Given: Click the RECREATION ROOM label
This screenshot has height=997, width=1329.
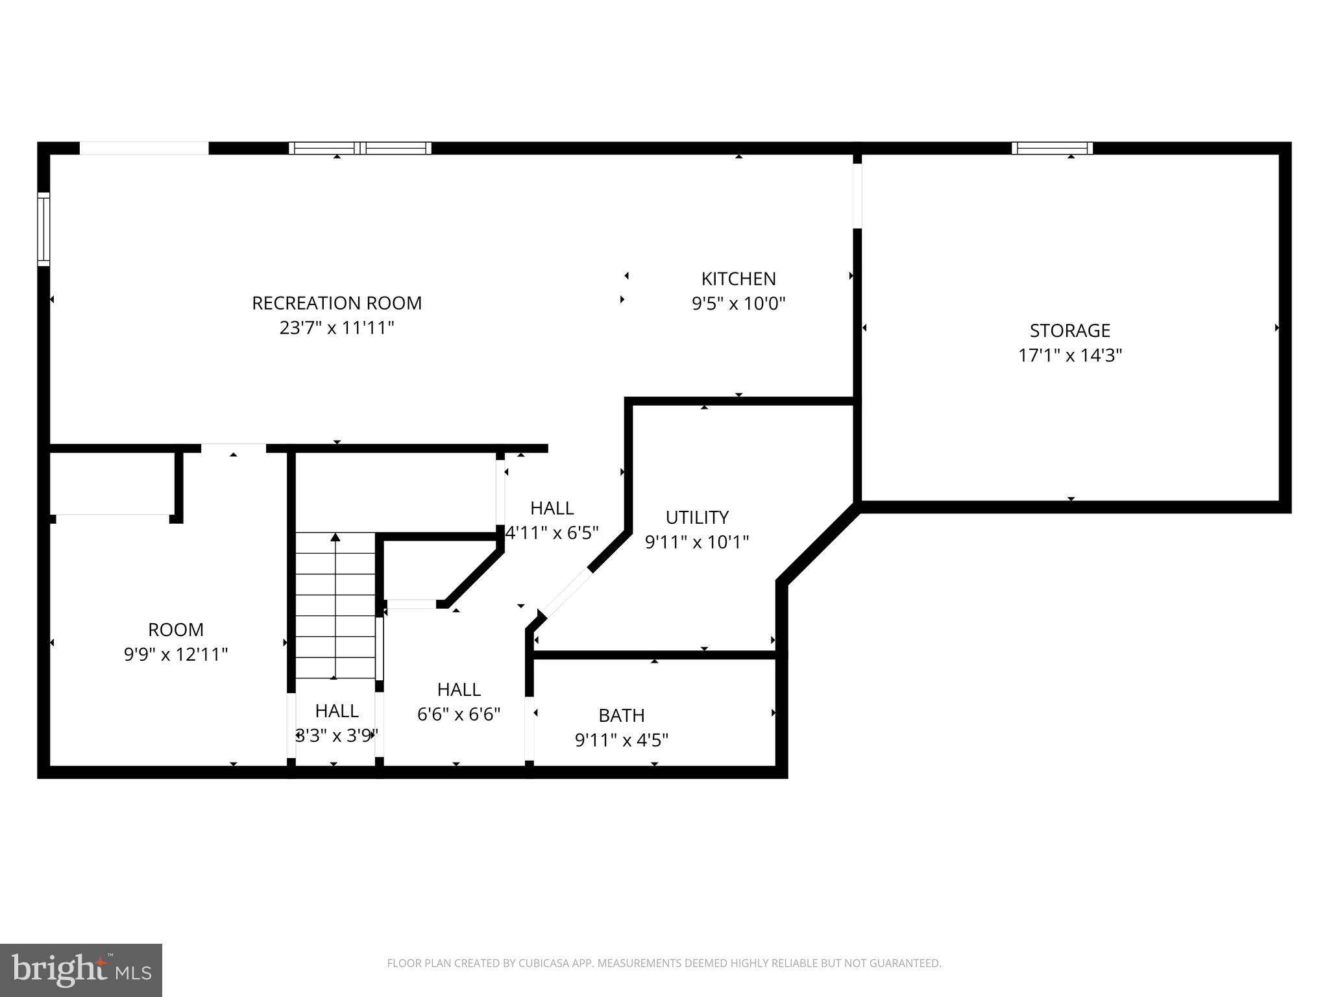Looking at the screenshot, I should coord(336,303).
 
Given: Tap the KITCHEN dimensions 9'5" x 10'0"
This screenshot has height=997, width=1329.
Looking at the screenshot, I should coord(738,304).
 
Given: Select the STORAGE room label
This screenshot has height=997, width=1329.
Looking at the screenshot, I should coord(1069,330).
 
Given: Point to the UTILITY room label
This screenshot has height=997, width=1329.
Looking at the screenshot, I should coord(697,517).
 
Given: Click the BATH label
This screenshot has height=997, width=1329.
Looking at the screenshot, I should coord(621,715).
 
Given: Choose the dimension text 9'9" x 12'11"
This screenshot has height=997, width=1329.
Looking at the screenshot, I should coord(176,654).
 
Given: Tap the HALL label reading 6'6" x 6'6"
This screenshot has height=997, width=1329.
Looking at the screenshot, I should coord(458,689).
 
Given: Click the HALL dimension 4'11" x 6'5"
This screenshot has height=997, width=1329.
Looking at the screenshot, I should coord(552,533).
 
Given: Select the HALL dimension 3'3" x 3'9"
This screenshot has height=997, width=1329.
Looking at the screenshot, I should coord(336,735).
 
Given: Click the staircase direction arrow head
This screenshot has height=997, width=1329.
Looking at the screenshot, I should coord(335,537).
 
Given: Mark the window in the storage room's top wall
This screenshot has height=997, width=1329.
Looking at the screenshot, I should coord(1051,148).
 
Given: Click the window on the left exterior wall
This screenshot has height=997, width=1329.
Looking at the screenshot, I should coord(43,229).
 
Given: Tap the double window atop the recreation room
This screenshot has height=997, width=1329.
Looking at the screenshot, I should coord(360,148).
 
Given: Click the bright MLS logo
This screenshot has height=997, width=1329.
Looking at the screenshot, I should coord(80,970).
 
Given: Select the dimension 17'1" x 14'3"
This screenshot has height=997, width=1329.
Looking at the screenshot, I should coord(1069,356).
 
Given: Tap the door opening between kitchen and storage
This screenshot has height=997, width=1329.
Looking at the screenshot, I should coord(857,195).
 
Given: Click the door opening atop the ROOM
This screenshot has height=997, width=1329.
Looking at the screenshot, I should coord(233,448).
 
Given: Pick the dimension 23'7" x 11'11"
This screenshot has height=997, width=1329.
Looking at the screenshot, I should coord(336,328).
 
